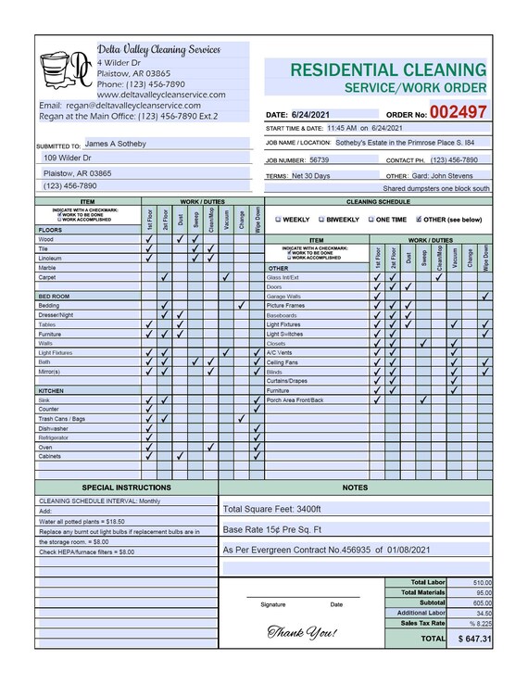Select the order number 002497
tap(457, 112)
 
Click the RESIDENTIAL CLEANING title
tap(387, 70)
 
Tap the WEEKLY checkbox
tap(279, 220)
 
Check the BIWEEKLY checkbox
tap(322, 220)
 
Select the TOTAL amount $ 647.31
tap(473, 639)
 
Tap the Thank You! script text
tap(302, 632)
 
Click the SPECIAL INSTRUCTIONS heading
tap(126, 487)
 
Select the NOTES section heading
tap(355, 487)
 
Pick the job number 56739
tap(319, 159)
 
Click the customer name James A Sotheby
tap(115, 145)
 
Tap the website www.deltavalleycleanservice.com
tap(161, 95)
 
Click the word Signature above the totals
tap(273, 604)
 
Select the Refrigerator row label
tap(54, 437)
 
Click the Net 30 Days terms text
tap(310, 175)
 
